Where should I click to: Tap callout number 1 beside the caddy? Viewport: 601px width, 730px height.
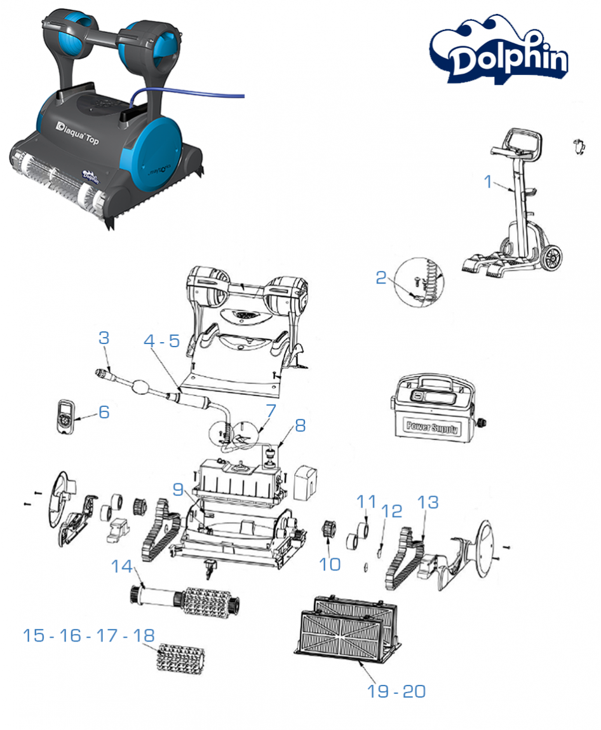click(488, 182)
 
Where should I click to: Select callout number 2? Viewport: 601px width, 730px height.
click(381, 278)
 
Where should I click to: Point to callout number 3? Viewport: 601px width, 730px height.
click(104, 338)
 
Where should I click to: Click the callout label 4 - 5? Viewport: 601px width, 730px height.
click(161, 341)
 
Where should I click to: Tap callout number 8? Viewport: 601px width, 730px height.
click(300, 425)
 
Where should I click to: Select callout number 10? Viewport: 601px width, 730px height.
click(330, 563)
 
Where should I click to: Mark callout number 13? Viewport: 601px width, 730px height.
click(428, 502)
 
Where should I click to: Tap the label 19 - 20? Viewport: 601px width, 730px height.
click(396, 691)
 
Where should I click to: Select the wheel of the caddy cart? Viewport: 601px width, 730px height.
click(551, 258)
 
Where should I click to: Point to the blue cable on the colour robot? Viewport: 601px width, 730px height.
click(191, 93)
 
